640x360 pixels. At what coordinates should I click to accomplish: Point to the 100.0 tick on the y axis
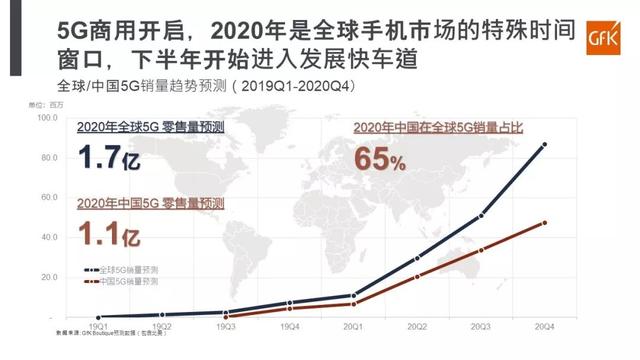47,117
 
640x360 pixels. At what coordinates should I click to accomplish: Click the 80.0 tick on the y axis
49,157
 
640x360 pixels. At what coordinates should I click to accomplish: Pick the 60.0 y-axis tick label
49,197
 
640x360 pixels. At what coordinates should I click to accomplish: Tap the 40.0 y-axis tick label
49,237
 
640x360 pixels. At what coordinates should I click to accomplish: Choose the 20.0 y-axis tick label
49,277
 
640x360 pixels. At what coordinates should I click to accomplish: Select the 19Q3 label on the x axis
227,327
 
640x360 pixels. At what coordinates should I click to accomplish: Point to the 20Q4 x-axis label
544,327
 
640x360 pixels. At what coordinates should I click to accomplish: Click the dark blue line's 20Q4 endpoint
544,145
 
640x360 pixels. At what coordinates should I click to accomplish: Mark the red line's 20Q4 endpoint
544,222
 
